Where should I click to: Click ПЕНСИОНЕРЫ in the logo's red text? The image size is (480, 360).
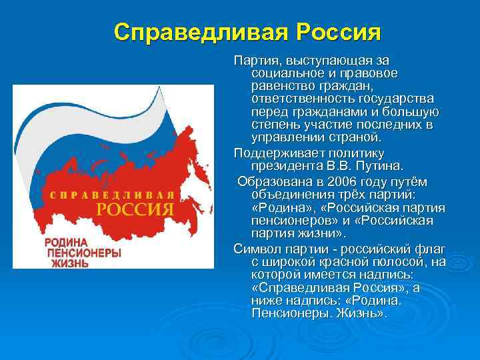click(x=83, y=253)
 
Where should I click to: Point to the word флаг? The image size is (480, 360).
click(x=432, y=249)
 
